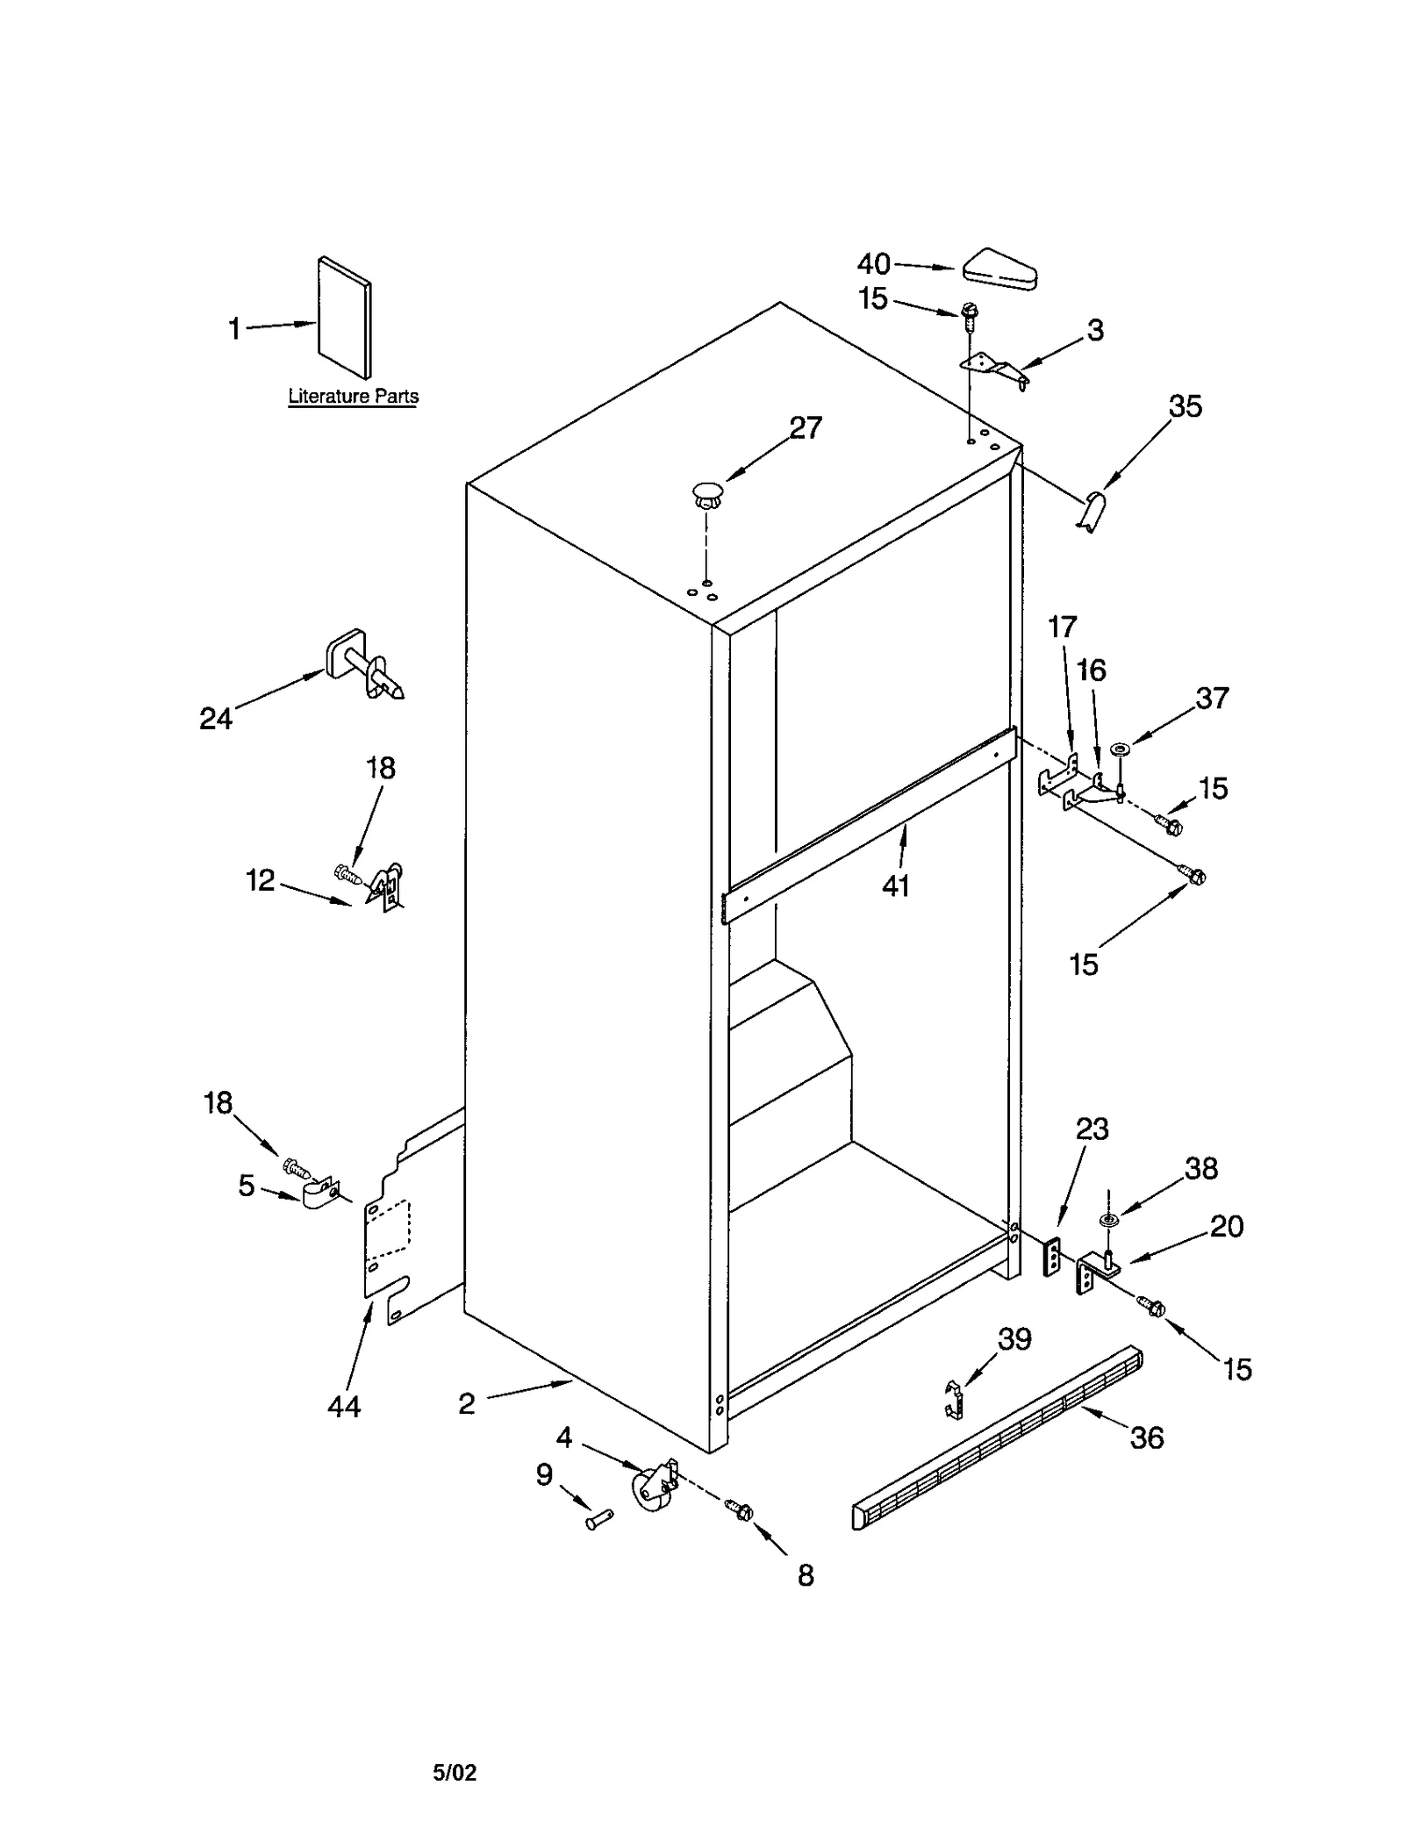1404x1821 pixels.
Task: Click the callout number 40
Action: (873, 263)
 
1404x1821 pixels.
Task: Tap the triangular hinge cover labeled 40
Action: (1000, 269)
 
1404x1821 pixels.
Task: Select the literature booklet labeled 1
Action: (344, 318)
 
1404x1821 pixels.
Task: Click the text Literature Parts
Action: (353, 397)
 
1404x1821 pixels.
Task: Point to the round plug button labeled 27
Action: (706, 492)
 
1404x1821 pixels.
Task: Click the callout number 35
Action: (1185, 406)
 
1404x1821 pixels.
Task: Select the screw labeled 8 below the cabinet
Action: (740, 1510)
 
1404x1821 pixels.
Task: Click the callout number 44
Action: (343, 1407)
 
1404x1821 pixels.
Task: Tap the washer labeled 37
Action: (1120, 749)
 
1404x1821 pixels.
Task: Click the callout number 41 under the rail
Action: (895, 886)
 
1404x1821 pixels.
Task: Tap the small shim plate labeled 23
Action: (1051, 1258)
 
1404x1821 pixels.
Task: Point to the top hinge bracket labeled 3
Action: (993, 369)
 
